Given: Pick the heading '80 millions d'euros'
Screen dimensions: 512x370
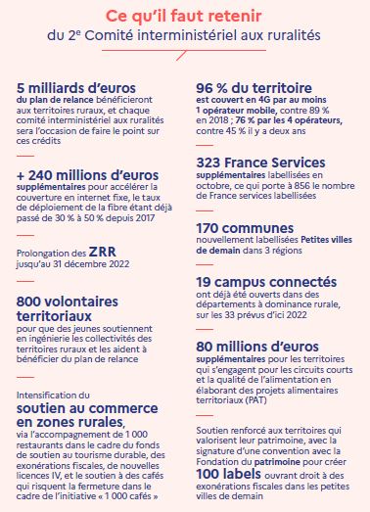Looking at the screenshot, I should [x=258, y=346].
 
